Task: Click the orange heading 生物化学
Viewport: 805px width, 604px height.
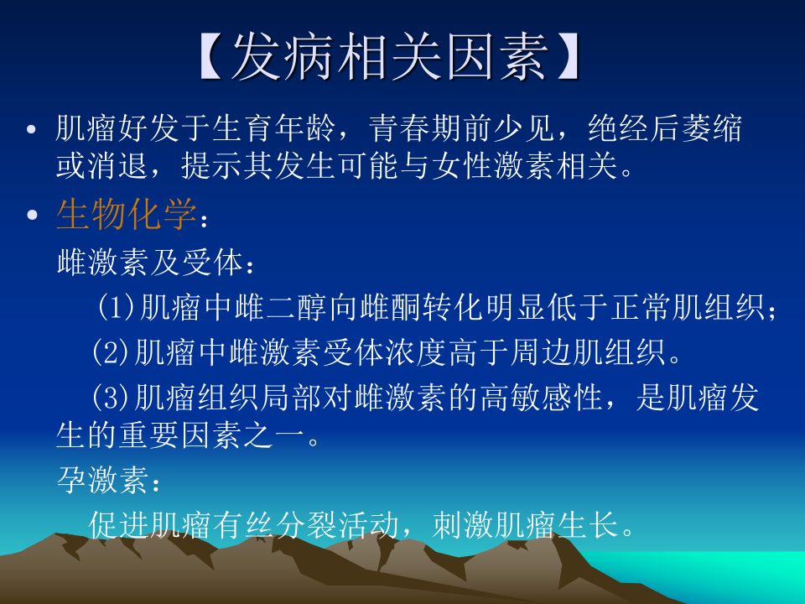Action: [127, 215]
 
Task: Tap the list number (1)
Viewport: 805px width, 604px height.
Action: [117, 308]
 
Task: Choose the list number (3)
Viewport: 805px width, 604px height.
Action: [112, 397]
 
